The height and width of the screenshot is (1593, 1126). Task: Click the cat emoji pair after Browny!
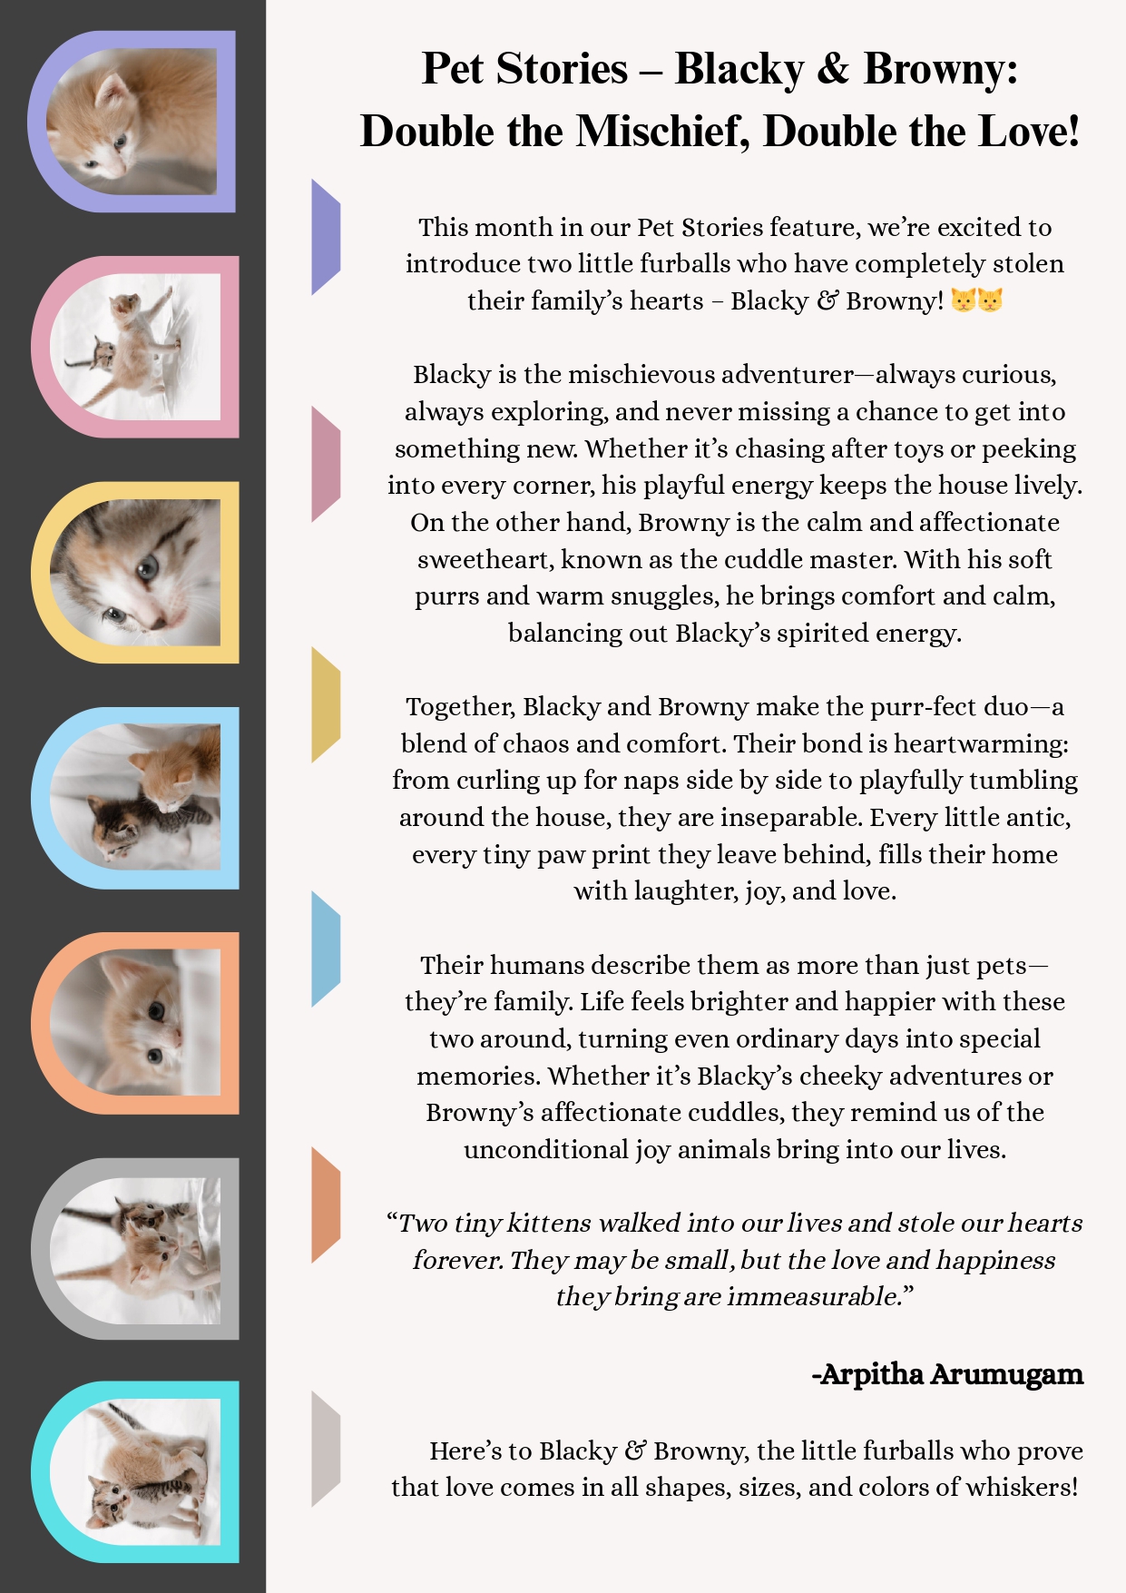coord(977,300)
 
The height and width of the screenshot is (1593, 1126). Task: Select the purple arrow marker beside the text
coord(325,237)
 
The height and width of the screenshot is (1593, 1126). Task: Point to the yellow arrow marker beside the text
coord(325,704)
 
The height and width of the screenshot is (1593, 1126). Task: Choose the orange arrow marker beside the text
coord(325,1205)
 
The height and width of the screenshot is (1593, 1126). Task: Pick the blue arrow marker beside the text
coord(325,949)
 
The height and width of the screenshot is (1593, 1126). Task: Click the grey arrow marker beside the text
coord(325,1449)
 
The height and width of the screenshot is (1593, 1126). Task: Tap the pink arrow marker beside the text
coord(325,464)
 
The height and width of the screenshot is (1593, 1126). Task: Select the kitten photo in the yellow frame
coord(136,572)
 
